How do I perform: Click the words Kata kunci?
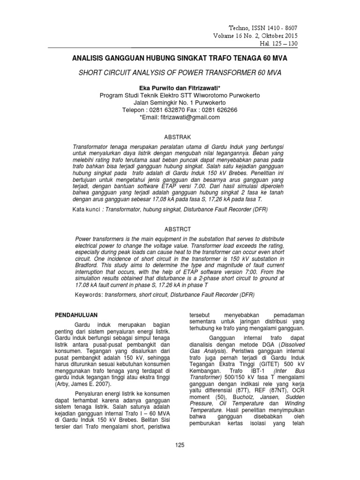(87, 208)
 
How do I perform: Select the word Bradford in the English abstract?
(90, 265)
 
